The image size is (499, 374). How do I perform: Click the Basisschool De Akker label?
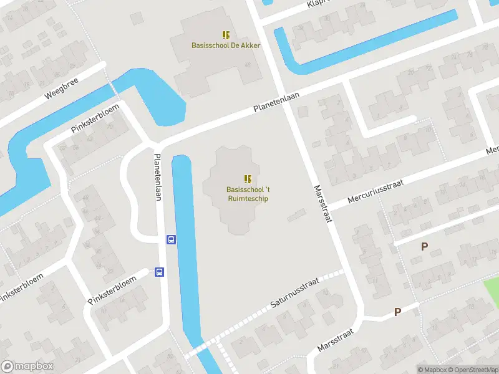point(225,46)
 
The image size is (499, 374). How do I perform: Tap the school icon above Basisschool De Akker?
point(225,35)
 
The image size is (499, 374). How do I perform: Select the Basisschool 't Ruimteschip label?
point(248,194)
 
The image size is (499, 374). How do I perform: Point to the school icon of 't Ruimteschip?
point(248,179)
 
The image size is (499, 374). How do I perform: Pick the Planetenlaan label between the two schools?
point(276,103)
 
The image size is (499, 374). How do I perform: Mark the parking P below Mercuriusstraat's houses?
point(424,246)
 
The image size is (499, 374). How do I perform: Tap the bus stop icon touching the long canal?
point(170,239)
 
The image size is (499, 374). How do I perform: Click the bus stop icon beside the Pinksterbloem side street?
point(159,272)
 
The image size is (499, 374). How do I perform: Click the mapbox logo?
point(27,367)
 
